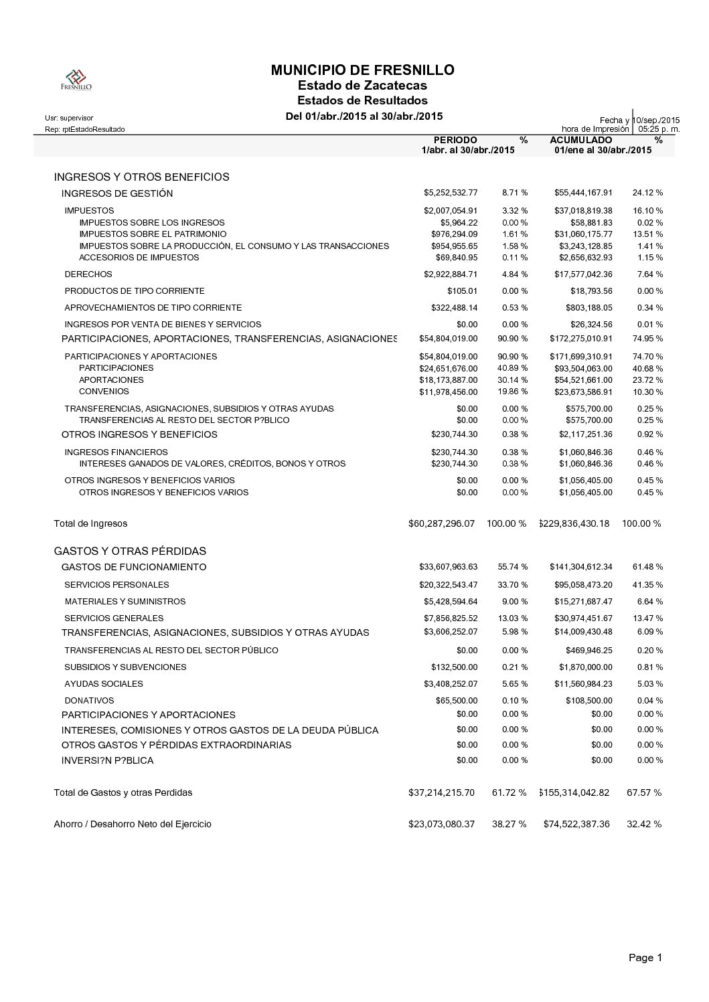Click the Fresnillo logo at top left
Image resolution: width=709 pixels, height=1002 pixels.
pos(76,80)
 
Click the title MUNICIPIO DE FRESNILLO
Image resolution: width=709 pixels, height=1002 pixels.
pos(362,70)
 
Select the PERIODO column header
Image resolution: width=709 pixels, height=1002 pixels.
pos(455,140)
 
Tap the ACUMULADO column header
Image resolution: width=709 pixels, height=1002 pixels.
pos(580,140)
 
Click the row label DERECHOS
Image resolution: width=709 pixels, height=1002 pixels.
pos(88,274)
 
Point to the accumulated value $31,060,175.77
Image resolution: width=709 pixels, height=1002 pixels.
pos(583,234)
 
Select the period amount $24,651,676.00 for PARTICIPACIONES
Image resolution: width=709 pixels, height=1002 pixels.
pos(449,368)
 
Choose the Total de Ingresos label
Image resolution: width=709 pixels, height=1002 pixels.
pos(90,523)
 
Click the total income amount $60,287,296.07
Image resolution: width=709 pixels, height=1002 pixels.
pos(441,523)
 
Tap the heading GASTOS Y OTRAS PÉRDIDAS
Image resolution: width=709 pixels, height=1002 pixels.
pos(130,552)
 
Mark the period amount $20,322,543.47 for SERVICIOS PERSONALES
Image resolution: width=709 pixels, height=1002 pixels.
pos(449,584)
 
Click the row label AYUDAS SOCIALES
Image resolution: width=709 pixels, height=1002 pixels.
pos(104,684)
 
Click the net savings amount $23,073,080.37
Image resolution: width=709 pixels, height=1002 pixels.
pos(441,824)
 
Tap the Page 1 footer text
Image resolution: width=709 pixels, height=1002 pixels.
pos(645,958)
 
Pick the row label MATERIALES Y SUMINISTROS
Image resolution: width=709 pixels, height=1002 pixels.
pos(125,602)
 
